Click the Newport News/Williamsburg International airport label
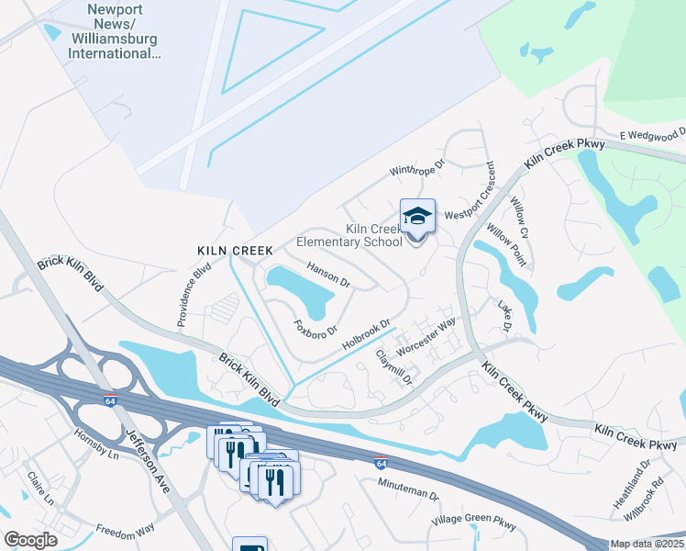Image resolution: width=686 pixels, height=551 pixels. [115, 35]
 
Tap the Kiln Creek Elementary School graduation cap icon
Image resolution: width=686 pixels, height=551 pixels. [417, 217]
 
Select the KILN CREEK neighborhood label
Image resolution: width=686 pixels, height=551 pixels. [235, 250]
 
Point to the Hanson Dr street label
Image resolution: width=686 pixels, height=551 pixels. [328, 275]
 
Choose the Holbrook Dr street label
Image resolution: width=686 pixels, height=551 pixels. [366, 334]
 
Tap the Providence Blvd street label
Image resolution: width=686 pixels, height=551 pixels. [194, 295]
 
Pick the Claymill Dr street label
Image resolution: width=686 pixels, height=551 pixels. [395, 365]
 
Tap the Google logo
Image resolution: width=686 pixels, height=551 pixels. [30, 540]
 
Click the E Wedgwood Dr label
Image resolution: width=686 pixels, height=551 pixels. [652, 135]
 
